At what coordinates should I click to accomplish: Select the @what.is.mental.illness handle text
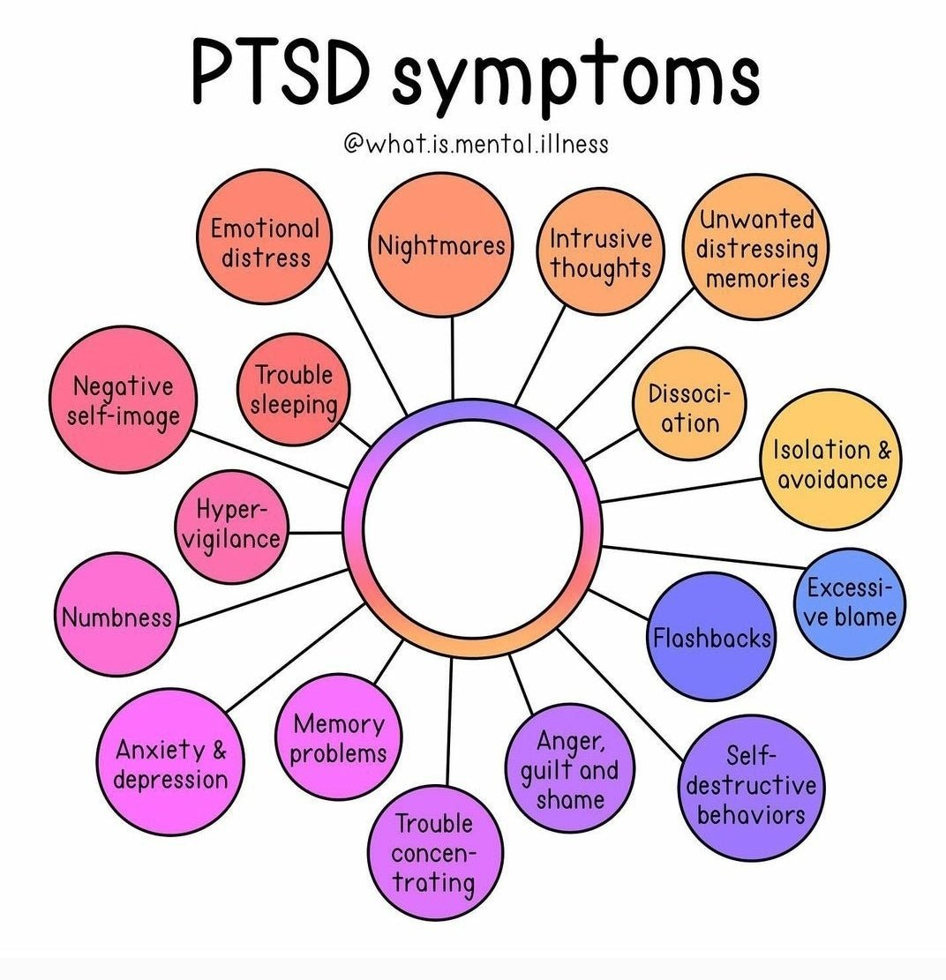pos(476,143)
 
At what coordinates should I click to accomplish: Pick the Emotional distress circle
pos(264,243)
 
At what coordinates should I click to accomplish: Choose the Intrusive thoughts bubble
pos(600,252)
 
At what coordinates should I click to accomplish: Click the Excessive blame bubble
pos(851,603)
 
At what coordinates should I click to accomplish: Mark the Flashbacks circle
pos(711,637)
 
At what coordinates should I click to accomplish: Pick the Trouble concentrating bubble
pos(434,852)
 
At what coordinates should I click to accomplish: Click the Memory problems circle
pos(338,737)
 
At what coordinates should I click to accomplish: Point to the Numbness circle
pos(116,615)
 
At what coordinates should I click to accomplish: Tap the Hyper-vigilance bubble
pos(230,526)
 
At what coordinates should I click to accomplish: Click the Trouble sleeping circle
pos(294,389)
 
